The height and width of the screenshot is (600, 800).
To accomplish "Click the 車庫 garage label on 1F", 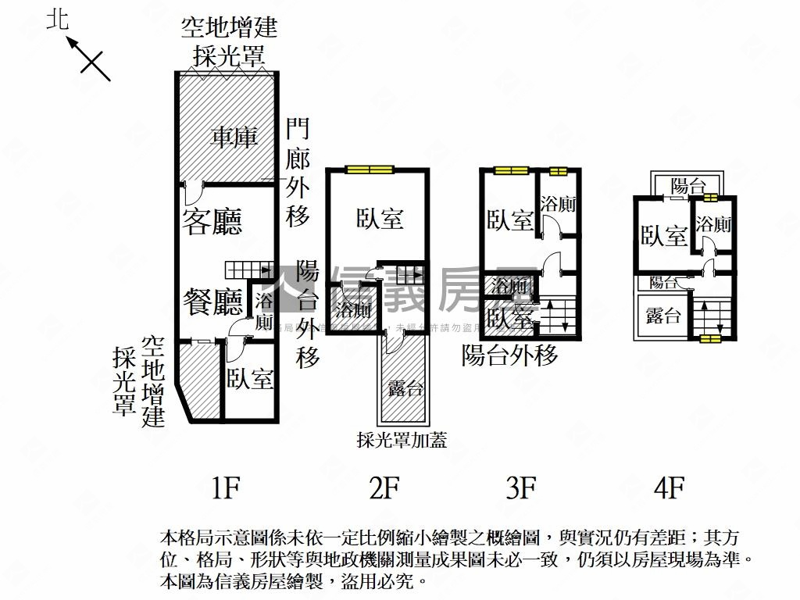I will [x=234, y=138].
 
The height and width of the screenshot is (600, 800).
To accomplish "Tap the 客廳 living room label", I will [x=212, y=221].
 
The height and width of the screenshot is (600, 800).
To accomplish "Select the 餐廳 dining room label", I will [x=213, y=301].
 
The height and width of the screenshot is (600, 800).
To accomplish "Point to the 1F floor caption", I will [x=224, y=489].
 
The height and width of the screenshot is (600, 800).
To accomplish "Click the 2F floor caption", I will [x=384, y=489].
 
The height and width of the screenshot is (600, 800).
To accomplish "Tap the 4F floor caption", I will [x=669, y=489].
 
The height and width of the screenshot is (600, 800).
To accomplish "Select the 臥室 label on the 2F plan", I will [x=380, y=219].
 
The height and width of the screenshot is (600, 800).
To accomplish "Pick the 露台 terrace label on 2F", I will [x=406, y=388].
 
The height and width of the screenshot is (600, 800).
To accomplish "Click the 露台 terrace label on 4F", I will [x=663, y=316].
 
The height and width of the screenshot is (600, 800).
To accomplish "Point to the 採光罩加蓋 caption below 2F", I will [x=402, y=441].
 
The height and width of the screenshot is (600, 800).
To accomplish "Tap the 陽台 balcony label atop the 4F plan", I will [x=688, y=186].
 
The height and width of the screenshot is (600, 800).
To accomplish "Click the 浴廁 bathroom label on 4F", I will [x=713, y=225].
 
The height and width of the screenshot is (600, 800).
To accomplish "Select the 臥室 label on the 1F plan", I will [x=250, y=380].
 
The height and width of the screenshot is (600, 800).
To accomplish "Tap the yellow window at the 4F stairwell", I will [x=710, y=339].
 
